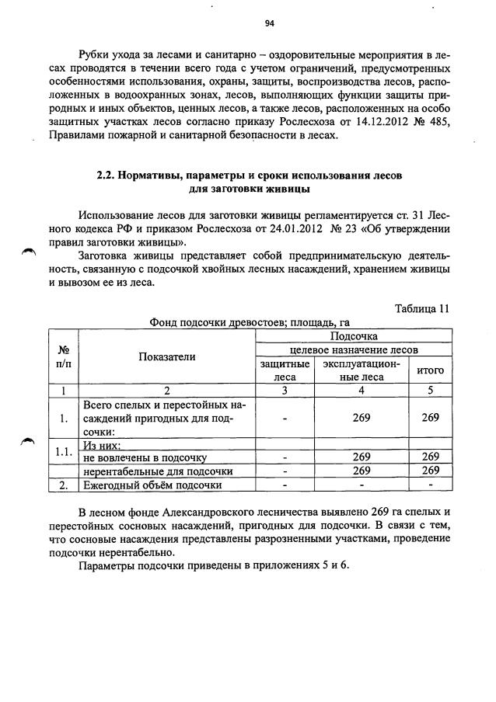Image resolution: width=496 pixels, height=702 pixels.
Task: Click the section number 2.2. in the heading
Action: coord(107,175)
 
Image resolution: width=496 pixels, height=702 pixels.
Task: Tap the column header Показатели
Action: coord(167,356)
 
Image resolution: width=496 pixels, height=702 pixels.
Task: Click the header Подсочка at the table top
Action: coord(354,336)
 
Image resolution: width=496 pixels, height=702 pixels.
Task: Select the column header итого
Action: coord(431,370)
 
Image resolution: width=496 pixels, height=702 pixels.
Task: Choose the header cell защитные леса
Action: coord(285,370)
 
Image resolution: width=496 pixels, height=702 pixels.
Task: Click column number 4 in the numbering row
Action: coord(362,391)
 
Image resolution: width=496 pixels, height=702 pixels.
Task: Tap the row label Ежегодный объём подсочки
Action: coord(152,485)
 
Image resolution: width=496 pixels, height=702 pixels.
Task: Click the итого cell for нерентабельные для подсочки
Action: coord(431,471)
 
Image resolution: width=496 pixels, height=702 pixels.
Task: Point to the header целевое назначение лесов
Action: coord(354,350)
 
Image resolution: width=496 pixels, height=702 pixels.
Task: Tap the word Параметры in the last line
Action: coord(107,566)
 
